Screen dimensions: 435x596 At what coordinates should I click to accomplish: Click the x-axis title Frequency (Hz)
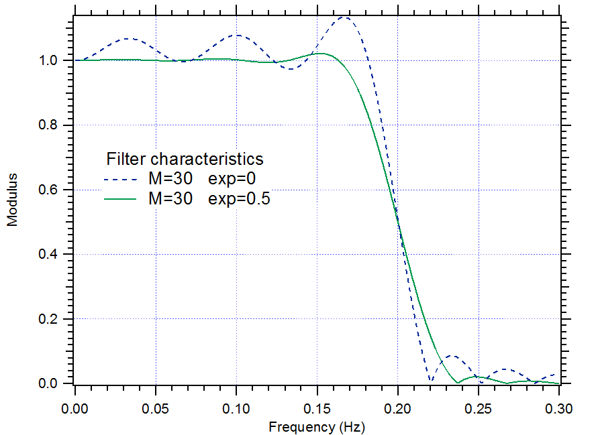coord(317,426)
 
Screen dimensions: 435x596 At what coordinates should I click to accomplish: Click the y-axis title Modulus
coord(13,200)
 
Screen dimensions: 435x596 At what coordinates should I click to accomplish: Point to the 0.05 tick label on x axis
coord(156,408)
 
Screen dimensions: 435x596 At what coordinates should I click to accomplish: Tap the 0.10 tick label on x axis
coord(236,408)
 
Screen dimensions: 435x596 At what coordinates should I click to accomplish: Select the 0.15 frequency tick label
coord(317,408)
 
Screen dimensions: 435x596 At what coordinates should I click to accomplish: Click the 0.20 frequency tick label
coord(398,408)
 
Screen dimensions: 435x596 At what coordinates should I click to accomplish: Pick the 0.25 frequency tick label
coord(479,408)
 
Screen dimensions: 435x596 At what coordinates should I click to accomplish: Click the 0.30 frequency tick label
coord(559,408)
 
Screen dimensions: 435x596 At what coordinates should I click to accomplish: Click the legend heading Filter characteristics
coord(185,160)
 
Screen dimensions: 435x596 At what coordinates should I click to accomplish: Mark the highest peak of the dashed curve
coord(345,17)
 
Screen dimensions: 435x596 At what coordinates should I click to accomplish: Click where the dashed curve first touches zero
coord(430,382)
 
